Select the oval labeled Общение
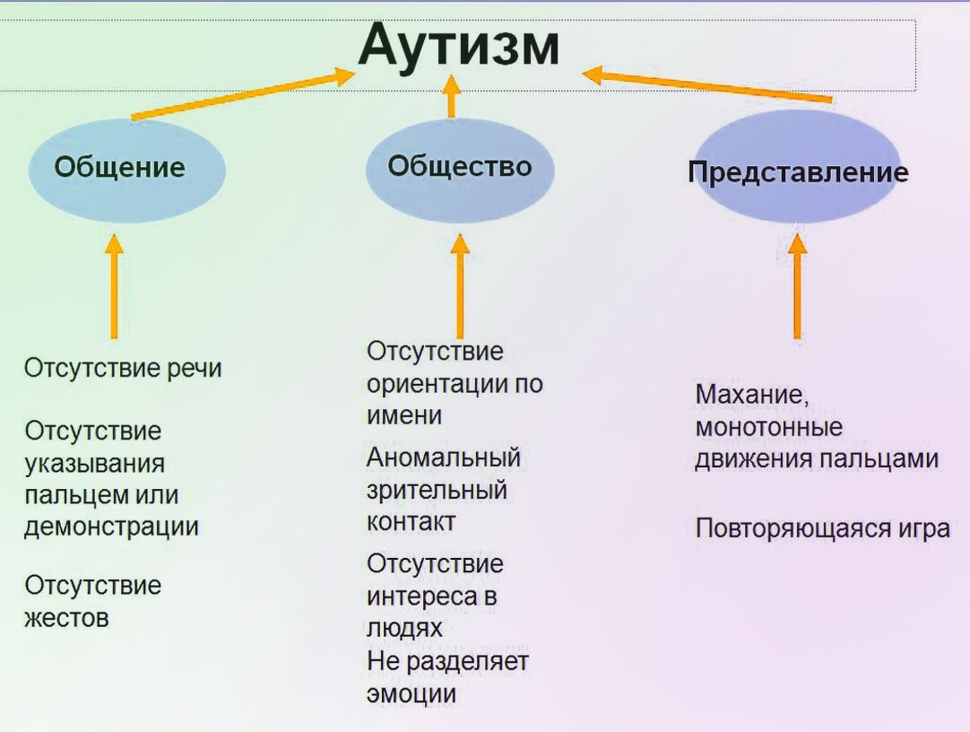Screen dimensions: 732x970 tap(126, 169)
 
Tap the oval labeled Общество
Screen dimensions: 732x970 tap(460, 167)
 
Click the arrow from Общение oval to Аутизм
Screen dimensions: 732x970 tap(242, 94)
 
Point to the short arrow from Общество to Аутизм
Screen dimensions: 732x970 tap(451, 96)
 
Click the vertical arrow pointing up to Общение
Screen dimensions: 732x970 tap(114, 285)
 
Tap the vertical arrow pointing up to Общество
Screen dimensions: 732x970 tap(460, 285)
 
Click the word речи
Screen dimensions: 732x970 tap(194, 369)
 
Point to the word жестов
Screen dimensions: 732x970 tap(66, 618)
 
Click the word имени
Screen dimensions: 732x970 tap(404, 415)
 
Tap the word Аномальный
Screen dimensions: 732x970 tap(444, 457)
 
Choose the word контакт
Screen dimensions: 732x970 tap(411, 521)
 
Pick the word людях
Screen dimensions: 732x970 tap(405, 627)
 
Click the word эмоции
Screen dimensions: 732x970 tap(411, 693)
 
